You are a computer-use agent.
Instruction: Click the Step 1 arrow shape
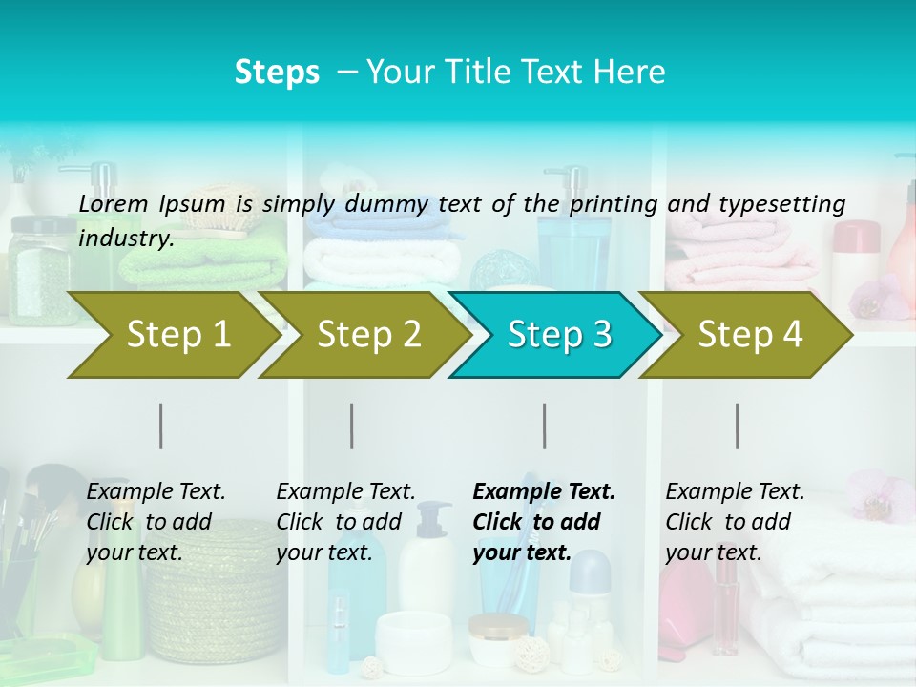172,335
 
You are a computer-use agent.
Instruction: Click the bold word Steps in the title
277,73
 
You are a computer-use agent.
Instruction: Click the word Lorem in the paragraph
114,203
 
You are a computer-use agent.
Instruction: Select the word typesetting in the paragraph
781,203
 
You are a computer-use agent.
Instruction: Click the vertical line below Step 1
161,426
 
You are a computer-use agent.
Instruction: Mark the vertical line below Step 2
352,426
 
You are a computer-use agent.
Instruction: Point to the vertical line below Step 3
545,426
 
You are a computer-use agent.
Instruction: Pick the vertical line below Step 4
738,426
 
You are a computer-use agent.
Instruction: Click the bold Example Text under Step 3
544,492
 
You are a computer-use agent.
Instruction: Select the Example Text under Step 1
156,492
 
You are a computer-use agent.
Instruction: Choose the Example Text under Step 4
735,492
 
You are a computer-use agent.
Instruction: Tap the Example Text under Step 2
345,492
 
